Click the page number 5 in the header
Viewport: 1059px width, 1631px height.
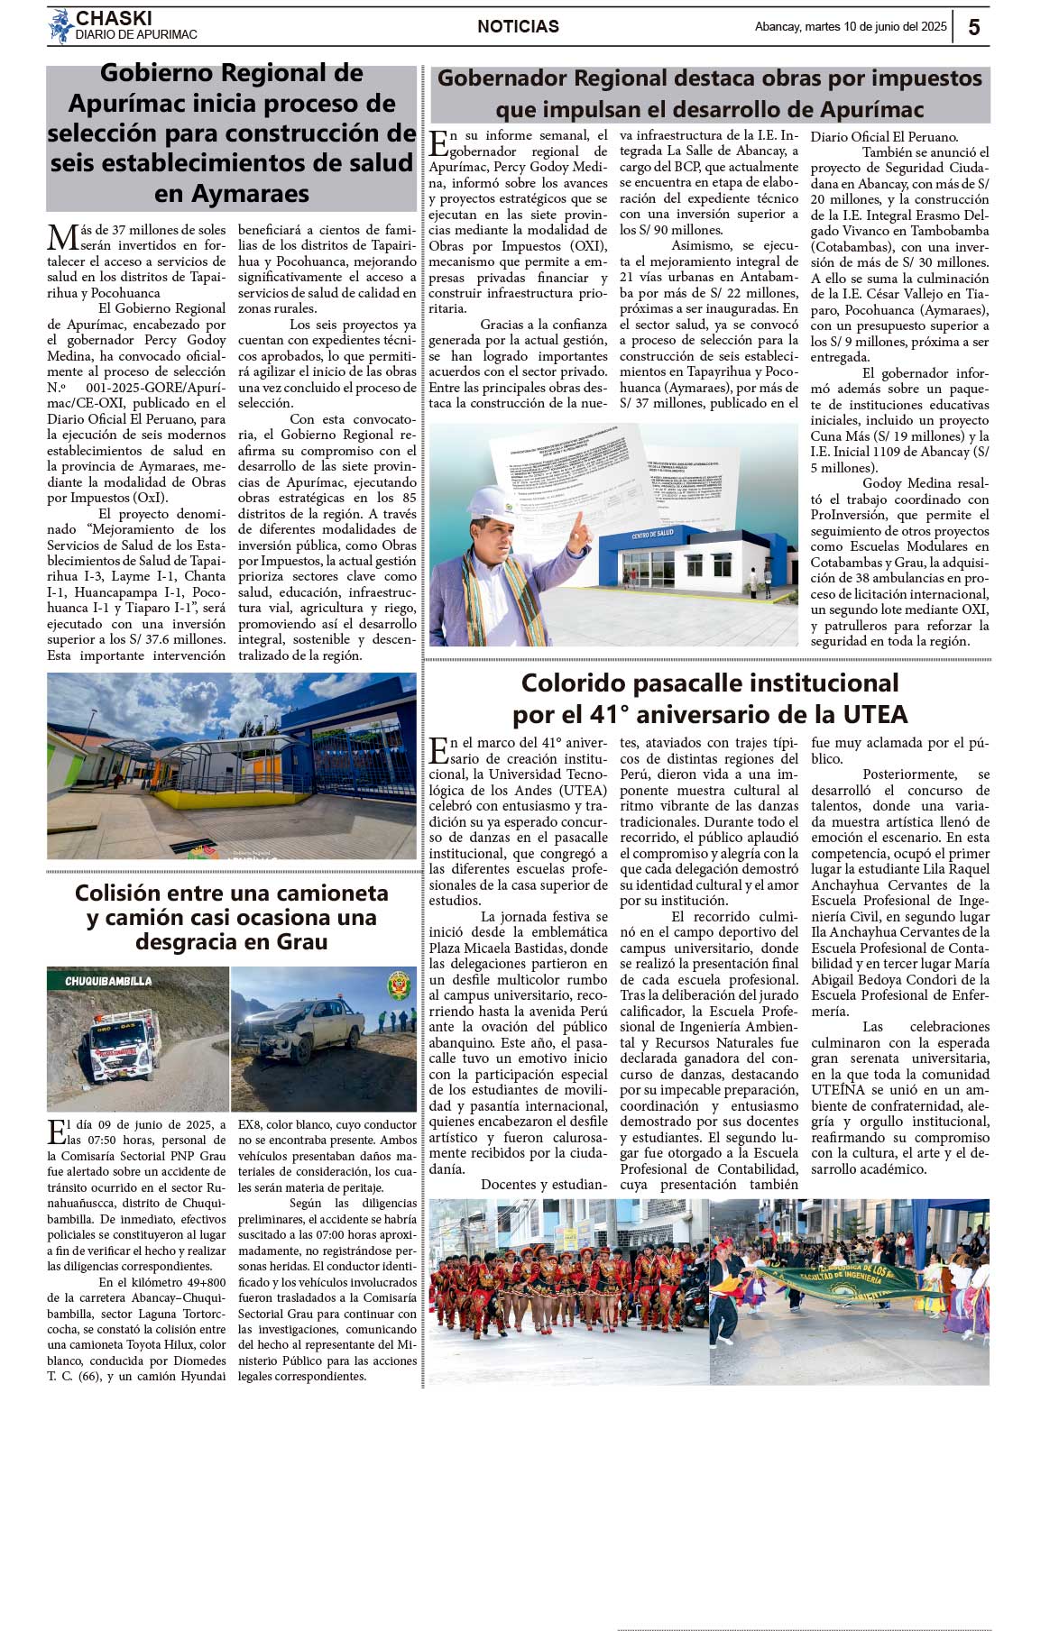[974, 27]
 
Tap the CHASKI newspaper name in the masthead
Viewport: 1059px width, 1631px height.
[114, 18]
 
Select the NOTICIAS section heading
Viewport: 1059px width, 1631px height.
[518, 27]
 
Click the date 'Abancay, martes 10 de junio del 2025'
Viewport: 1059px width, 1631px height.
[851, 27]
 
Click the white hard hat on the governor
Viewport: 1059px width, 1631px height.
[491, 501]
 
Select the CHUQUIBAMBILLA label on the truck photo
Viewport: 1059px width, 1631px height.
[108, 981]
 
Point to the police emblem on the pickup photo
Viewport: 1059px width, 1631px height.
[398, 985]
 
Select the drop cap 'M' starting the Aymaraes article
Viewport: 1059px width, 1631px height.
[61, 238]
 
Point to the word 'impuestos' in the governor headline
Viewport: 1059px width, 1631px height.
[920, 78]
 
